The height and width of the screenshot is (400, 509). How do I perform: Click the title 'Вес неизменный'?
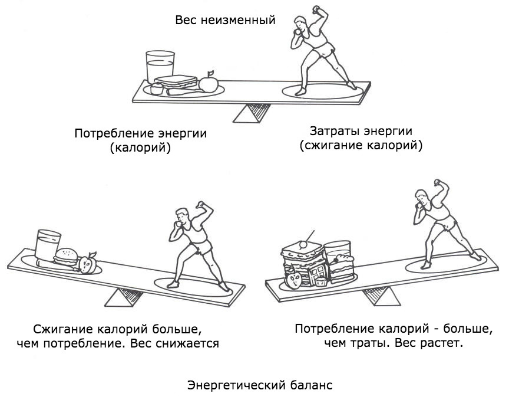tap(225, 20)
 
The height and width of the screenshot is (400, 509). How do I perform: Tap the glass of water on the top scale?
tap(158, 65)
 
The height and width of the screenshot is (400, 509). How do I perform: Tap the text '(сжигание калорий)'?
tap(361, 145)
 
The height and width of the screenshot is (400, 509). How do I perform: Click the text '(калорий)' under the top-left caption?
tap(140, 148)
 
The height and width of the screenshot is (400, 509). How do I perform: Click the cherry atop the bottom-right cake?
tap(303, 242)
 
